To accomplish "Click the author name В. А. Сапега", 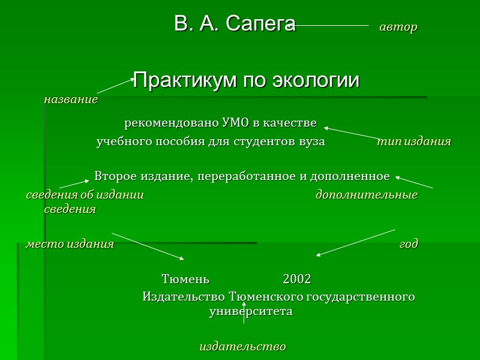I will (x=235, y=25).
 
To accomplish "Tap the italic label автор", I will (x=398, y=28).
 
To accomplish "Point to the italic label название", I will (x=70, y=100).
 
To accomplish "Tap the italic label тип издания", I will (x=413, y=142).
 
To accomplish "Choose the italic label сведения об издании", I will (x=85, y=195).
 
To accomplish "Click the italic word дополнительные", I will (x=366, y=195).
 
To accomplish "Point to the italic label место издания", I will (x=69, y=244).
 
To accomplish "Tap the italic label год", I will (x=409, y=244).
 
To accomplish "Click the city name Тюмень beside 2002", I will (x=185, y=279).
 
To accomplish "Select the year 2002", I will (x=296, y=279).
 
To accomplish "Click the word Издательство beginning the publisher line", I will (x=184, y=297).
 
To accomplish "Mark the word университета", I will (x=250, y=312).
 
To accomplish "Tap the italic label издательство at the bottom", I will (x=242, y=347).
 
